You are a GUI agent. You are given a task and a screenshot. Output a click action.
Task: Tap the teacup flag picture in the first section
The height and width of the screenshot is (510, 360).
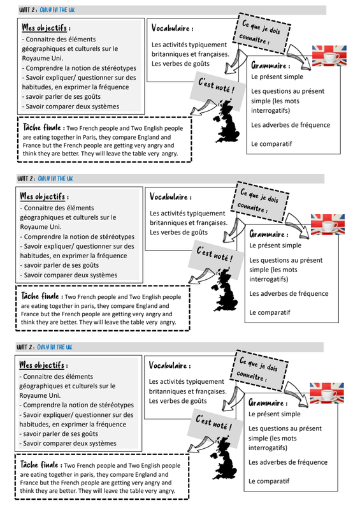point(329,56)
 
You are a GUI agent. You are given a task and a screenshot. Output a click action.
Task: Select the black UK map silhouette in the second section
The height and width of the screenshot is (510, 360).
point(225,289)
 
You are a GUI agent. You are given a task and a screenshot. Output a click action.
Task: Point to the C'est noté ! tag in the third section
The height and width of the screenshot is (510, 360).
point(214,422)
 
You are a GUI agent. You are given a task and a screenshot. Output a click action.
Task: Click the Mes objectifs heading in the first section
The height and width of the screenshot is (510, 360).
point(46,27)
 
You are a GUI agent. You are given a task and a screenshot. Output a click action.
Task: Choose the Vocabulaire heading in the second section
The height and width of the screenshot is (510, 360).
point(170,197)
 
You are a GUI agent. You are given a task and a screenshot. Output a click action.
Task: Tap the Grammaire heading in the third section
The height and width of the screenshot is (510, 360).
point(268,403)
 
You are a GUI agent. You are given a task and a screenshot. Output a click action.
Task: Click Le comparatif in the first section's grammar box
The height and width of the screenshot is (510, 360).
point(271,144)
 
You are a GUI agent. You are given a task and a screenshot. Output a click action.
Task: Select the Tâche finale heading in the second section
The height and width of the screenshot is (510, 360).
point(40,296)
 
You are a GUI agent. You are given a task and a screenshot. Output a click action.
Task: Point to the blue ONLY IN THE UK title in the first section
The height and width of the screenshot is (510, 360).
point(57,10)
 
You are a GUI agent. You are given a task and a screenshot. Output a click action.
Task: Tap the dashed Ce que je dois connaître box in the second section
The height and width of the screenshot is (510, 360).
point(260,202)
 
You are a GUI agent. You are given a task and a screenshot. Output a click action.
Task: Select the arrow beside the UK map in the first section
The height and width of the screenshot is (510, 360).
point(203,107)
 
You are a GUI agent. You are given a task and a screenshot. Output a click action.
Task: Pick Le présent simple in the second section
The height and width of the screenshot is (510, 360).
point(275,245)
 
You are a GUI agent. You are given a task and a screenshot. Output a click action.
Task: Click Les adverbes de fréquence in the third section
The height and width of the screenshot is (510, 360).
point(288,462)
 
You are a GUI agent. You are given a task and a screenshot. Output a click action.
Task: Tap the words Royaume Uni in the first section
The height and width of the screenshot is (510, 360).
point(42,58)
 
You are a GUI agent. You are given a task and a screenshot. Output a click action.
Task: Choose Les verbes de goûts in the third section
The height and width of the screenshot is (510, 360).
point(178,401)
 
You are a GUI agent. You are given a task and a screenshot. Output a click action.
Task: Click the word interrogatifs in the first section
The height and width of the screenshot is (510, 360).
point(270,110)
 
